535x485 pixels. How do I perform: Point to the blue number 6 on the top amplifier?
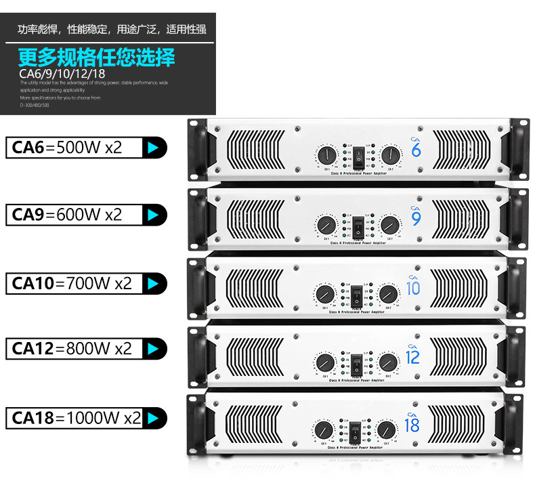pyautogui.click(x=416, y=150)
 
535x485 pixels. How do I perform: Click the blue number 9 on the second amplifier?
pyautogui.click(x=416, y=219)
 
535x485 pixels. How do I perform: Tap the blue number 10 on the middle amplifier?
pyautogui.click(x=413, y=288)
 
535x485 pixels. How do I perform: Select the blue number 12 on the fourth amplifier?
pyautogui.click(x=413, y=356)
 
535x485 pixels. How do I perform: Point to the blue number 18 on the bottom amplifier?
pyautogui.click(x=412, y=425)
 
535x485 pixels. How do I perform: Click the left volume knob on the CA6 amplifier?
pyautogui.click(x=326, y=155)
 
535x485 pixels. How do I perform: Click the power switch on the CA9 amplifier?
pyautogui.click(x=357, y=225)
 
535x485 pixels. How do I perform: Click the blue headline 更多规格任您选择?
pyautogui.click(x=96, y=56)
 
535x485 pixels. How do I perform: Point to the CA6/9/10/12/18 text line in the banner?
pyautogui.click(x=62, y=73)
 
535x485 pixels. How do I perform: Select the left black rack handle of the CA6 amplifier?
pyautogui.click(x=196, y=150)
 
